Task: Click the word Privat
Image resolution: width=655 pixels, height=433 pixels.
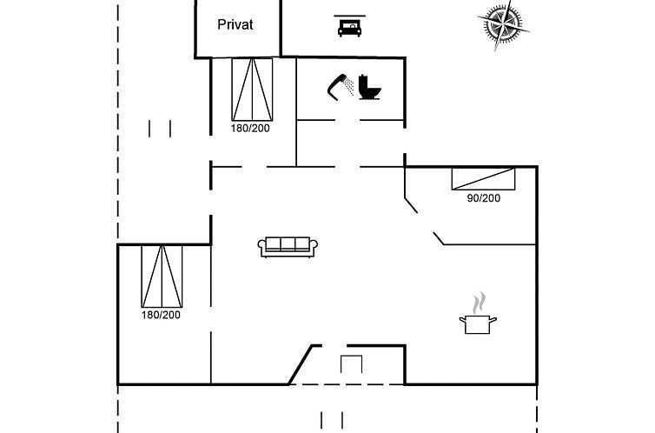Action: pyautogui.click(x=235, y=24)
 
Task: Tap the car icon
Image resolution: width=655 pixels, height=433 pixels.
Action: pyautogui.click(x=349, y=29)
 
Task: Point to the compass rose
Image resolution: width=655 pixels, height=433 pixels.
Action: pyautogui.click(x=502, y=24)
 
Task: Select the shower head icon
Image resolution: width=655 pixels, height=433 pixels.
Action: pyautogui.click(x=341, y=87)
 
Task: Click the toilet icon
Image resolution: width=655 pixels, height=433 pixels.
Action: pyautogui.click(x=369, y=87)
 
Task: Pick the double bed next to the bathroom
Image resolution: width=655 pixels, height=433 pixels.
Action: pyautogui.click(x=252, y=90)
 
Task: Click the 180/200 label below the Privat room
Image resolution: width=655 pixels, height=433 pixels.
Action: pyautogui.click(x=250, y=129)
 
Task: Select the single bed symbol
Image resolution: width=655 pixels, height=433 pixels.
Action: pyautogui.click(x=483, y=179)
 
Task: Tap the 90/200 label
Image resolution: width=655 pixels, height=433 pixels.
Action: pyautogui.click(x=483, y=198)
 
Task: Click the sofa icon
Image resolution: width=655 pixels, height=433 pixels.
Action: pyautogui.click(x=288, y=247)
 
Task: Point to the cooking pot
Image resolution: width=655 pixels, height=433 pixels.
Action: pyautogui.click(x=478, y=324)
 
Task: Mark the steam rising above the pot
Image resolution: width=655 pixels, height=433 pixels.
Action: pyautogui.click(x=480, y=303)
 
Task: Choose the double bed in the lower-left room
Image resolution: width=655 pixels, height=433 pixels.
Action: pyautogui.click(x=162, y=276)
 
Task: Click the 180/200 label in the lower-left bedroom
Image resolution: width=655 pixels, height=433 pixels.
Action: pyautogui.click(x=161, y=315)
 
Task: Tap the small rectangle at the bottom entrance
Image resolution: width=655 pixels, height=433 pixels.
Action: pyautogui.click(x=351, y=364)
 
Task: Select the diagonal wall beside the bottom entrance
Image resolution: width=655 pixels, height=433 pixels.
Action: pyautogui.click(x=301, y=365)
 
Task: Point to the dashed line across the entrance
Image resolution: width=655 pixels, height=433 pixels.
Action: pyautogui.click(x=347, y=384)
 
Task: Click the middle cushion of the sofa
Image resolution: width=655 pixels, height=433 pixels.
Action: pyautogui.click(x=288, y=244)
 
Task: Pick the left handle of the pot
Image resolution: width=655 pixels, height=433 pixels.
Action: pyautogui.click(x=462, y=320)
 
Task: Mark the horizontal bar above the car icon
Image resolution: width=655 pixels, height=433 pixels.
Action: pyautogui.click(x=349, y=16)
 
